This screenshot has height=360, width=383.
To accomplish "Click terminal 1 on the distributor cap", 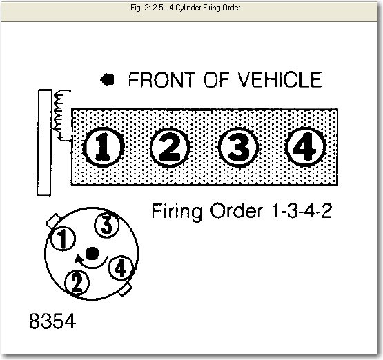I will [x=63, y=239].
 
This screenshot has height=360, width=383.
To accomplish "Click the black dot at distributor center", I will [x=92, y=253].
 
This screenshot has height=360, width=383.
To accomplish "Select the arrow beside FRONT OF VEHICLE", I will [x=107, y=80].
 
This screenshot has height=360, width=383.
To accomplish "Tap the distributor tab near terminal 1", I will [x=52, y=221].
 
